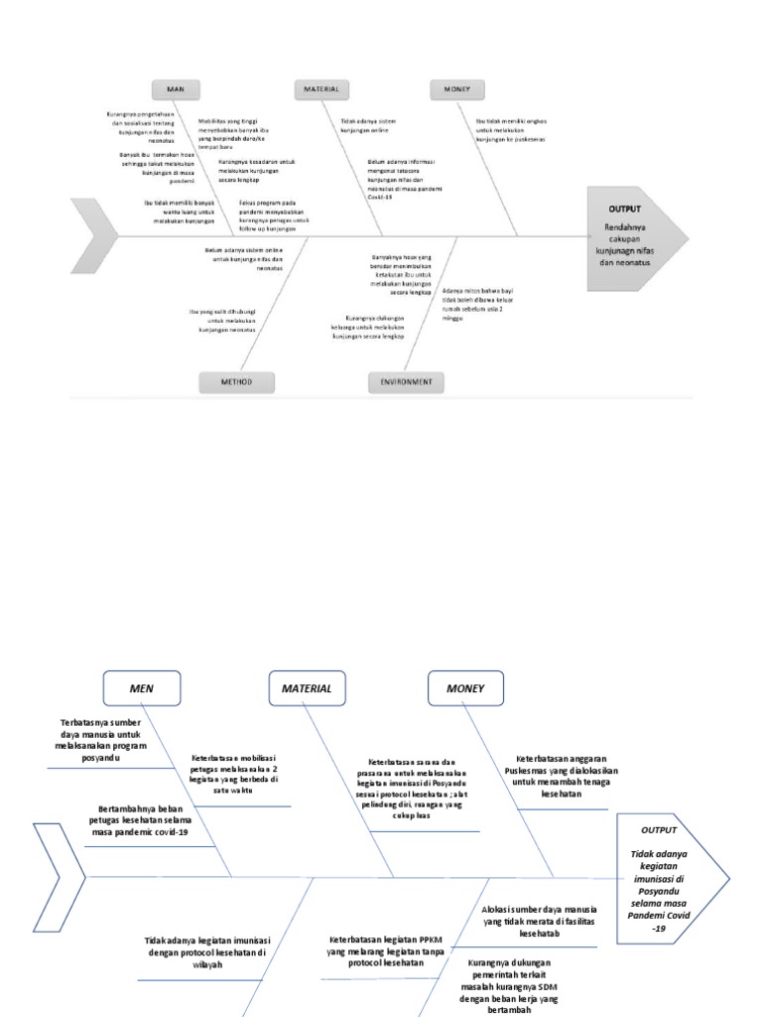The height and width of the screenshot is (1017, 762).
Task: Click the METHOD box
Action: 236,382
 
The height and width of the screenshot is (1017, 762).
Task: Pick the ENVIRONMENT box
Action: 407,382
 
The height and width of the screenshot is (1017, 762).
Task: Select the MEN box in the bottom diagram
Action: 142,687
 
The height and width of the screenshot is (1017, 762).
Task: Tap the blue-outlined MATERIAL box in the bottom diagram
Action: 307,687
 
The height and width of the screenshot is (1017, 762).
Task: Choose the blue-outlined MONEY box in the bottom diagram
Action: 465,687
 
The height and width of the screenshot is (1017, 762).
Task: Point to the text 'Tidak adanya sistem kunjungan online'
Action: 360,125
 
